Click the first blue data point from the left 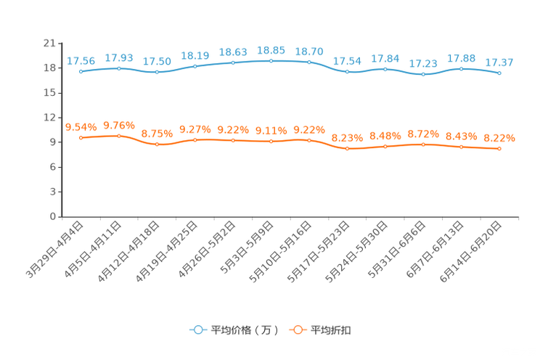coord(81,71)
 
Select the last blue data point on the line coord(499,73)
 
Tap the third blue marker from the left coord(157,72)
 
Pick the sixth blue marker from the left coord(271,61)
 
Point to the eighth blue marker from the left coord(348,71)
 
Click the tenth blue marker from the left coord(423,73)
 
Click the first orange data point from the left coord(81,138)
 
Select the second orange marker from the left coord(118,136)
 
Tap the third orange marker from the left coord(157,144)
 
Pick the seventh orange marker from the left coord(309,140)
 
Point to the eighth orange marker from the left coord(348,149)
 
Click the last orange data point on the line coord(499,149)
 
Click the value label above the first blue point coord(81,61)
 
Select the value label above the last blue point coord(499,62)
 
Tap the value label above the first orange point coord(81,128)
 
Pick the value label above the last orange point coord(499,137)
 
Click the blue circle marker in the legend coord(197,330)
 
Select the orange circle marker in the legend coord(297,330)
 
